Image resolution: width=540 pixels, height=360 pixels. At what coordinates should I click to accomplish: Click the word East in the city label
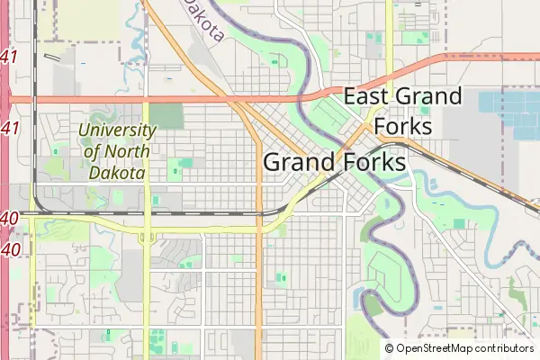pos(365,96)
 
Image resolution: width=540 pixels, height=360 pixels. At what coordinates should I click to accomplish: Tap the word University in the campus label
pos(117,130)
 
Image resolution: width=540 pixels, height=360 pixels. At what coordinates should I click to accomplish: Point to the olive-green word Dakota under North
pos(117,171)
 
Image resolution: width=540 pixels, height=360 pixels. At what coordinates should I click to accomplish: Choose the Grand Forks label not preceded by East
pos(334,163)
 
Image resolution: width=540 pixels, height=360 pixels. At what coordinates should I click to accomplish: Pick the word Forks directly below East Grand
pos(402,125)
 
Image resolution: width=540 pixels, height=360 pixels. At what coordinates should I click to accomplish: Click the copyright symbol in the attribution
pos(389,348)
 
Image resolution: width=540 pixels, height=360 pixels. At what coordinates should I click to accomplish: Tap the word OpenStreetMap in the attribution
pos(436,348)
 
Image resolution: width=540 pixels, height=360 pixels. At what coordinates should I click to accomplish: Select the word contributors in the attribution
pos(505,348)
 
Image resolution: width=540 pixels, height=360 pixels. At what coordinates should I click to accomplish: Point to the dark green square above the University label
pos(166,116)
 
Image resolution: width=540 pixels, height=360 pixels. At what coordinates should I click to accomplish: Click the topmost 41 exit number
pos(10,58)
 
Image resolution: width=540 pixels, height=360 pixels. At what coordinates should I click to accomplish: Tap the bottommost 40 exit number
pos(10,247)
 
